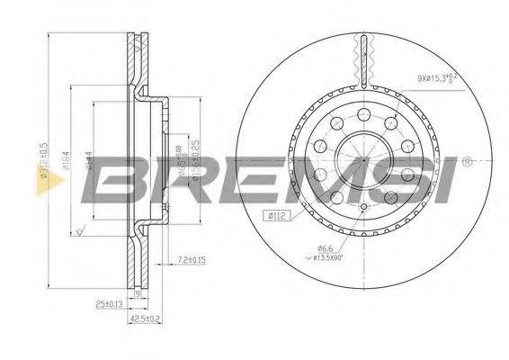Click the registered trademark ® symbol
click(467, 163)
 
